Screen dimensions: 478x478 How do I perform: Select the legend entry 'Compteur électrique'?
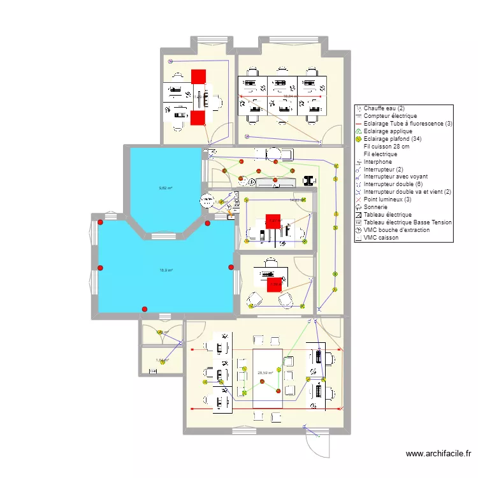pyautogui.click(x=390, y=116)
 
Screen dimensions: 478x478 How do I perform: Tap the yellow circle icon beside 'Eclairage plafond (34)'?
pyautogui.click(x=359, y=139)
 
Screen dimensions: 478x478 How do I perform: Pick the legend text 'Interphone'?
pyautogui.click(x=378, y=161)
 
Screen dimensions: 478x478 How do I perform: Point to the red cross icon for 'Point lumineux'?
pyautogui.click(x=359, y=199)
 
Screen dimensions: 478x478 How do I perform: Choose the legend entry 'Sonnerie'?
pyautogui.click(x=376, y=207)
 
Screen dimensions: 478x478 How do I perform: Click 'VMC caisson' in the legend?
pyautogui.click(x=380, y=238)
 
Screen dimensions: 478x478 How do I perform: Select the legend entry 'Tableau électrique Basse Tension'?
pyautogui.click(x=408, y=222)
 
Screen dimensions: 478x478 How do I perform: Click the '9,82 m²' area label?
pyautogui.click(x=166, y=188)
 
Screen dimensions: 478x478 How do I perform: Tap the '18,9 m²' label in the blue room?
pyautogui.click(x=166, y=270)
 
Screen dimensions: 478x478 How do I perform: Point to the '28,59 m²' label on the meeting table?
pyautogui.click(x=265, y=373)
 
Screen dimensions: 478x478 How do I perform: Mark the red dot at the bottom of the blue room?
pyautogui.click(x=145, y=309)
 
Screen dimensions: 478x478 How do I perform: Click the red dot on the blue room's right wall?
pyautogui.click(x=231, y=267)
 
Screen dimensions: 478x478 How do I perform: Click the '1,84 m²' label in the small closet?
pyautogui.click(x=162, y=360)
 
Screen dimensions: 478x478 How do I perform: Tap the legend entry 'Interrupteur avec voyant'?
pyautogui.click(x=395, y=177)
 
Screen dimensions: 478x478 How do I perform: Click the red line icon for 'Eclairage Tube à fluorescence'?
pyautogui.click(x=359, y=124)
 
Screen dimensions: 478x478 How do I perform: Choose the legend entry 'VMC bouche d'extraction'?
pyautogui.click(x=396, y=230)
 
